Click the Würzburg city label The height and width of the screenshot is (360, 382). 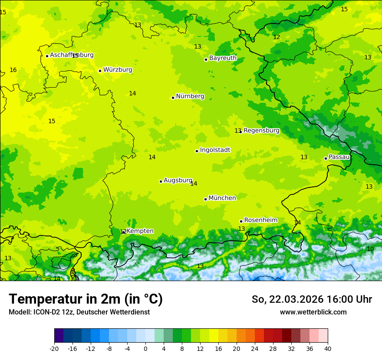(x=118, y=70)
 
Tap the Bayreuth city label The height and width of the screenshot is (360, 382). (x=223, y=58)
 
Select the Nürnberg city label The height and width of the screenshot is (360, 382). (x=190, y=96)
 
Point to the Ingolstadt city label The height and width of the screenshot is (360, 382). (x=215, y=150)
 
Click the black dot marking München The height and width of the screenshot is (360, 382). (x=205, y=199)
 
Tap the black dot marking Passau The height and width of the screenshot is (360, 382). (x=326, y=158)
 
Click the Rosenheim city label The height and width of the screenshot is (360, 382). (x=260, y=220)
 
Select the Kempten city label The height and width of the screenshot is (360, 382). (x=140, y=231)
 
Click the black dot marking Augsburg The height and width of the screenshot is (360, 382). (x=161, y=181)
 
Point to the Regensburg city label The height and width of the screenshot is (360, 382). (x=261, y=131)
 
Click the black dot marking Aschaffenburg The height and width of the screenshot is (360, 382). (x=47, y=56)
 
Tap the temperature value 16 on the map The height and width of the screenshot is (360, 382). (x=13, y=70)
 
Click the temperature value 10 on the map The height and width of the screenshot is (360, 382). (x=370, y=249)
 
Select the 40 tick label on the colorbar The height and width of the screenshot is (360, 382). (x=327, y=348)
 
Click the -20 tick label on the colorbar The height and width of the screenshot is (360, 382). (x=54, y=348)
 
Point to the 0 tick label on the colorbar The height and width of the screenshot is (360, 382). (x=145, y=348)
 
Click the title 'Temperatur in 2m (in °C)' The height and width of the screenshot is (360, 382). (x=86, y=299)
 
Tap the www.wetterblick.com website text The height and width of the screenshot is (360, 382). (x=313, y=312)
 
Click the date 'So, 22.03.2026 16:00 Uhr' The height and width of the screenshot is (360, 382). (x=312, y=299)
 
